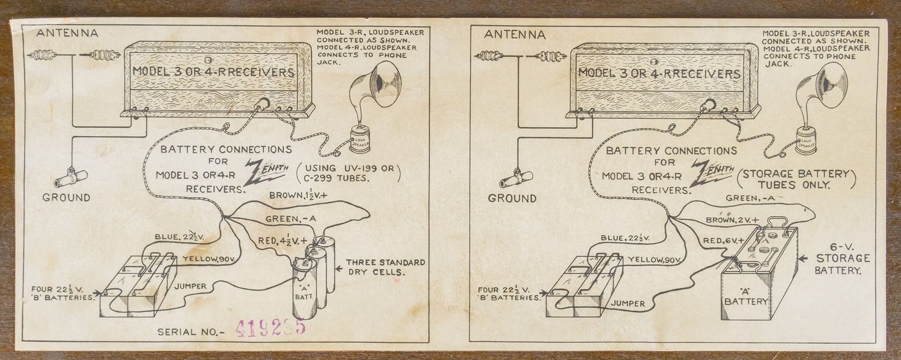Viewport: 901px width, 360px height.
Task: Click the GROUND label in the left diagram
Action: point(66,197)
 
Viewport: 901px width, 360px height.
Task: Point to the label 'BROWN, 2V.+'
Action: point(732,221)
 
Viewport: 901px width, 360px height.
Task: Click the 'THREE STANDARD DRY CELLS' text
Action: point(385,267)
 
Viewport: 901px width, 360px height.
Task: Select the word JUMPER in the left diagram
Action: point(191,286)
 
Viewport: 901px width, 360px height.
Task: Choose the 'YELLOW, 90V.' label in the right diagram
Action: point(652,260)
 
